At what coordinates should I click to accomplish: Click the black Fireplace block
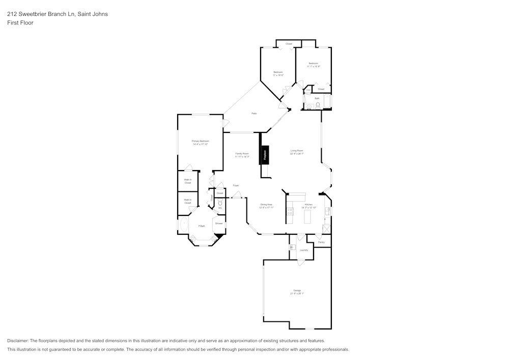pyautogui.click(x=265, y=154)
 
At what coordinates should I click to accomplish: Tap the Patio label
pyautogui.click(x=253, y=113)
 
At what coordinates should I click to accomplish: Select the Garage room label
pyautogui.click(x=297, y=290)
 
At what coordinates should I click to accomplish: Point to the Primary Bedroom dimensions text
pyautogui.click(x=201, y=144)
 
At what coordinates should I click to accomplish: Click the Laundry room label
pyautogui.click(x=304, y=250)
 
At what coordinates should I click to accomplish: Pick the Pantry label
pyautogui.click(x=321, y=242)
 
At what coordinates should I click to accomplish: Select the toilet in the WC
pyautogui.click(x=220, y=202)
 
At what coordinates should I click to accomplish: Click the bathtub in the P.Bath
pyautogui.click(x=183, y=225)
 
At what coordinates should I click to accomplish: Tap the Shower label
pyautogui.click(x=219, y=223)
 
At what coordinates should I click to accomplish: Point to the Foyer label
pyautogui.click(x=236, y=185)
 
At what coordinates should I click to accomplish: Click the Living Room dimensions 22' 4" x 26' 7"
pyautogui.click(x=297, y=153)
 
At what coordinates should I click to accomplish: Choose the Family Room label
pyautogui.click(x=242, y=153)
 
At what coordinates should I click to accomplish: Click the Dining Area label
pyautogui.click(x=266, y=205)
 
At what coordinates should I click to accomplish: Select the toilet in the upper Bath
pyautogui.click(x=318, y=106)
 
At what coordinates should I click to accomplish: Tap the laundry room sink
pyautogui.click(x=292, y=247)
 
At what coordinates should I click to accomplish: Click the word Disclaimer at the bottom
pyautogui.click(x=18, y=340)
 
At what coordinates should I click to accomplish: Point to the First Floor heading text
pyautogui.click(x=20, y=23)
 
